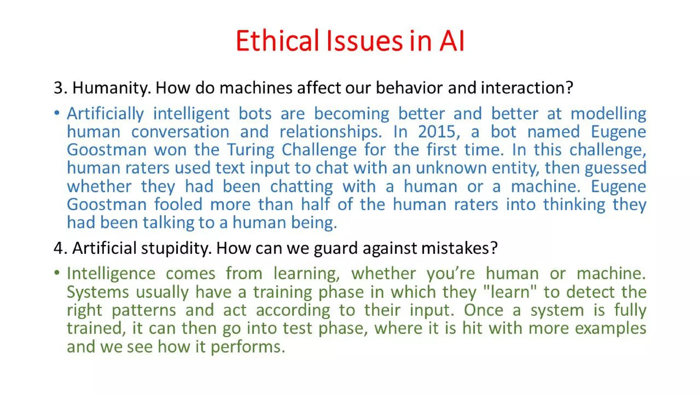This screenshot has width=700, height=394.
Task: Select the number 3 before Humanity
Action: tap(58, 88)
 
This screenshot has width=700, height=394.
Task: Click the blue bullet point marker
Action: tap(57, 113)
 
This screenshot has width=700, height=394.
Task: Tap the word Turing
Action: tap(251, 150)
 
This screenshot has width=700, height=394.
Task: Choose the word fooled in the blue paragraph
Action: tap(178, 205)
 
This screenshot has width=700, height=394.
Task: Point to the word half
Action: tap(315, 205)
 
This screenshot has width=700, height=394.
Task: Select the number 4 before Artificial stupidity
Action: tap(58, 248)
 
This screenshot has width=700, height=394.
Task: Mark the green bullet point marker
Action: tap(57, 273)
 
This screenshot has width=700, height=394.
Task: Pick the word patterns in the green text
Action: tap(144, 310)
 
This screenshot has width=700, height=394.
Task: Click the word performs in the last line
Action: tap(247, 347)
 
